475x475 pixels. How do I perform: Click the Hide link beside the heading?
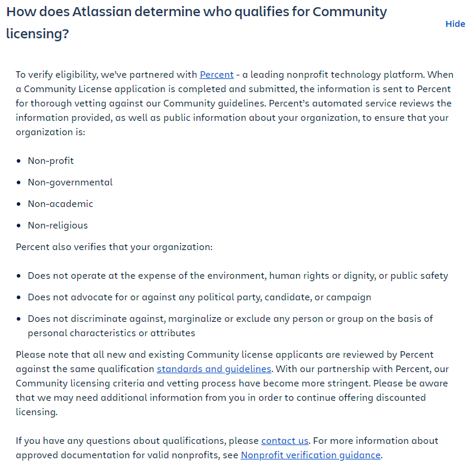[x=455, y=24]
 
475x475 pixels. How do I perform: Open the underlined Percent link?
[x=217, y=75]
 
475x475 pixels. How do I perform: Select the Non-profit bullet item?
[x=51, y=161]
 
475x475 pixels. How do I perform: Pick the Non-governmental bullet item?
[x=70, y=182]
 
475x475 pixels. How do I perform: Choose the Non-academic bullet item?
[x=60, y=204]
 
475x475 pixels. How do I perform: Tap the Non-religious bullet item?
[x=57, y=226]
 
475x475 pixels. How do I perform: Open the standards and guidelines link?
[x=214, y=369]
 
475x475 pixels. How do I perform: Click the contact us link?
[x=285, y=441]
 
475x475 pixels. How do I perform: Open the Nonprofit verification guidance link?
[x=310, y=455]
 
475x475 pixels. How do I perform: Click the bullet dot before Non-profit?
[x=20, y=162]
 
